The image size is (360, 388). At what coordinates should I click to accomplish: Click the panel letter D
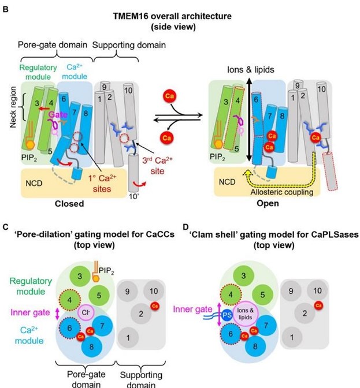pyautogui.click(x=187, y=227)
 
